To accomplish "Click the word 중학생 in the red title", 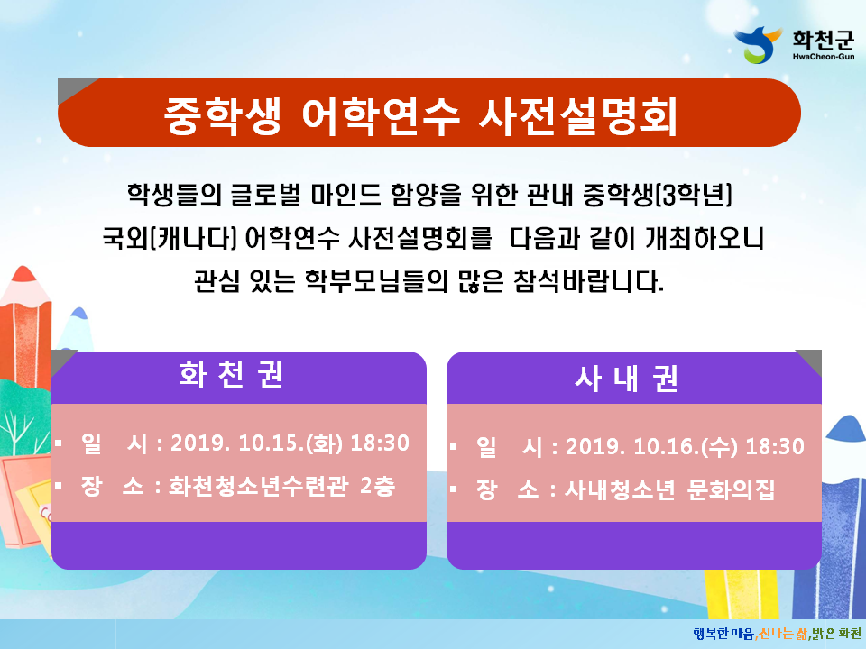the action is [x=223, y=116].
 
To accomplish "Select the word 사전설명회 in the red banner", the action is [x=578, y=116].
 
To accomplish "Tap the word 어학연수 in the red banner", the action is [x=381, y=116].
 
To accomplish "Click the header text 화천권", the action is [x=232, y=375].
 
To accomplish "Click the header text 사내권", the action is [x=626, y=379].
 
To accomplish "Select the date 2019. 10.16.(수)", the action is [x=651, y=446].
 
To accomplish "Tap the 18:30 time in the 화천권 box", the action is [x=380, y=443].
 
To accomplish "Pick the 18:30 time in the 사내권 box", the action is [x=775, y=446].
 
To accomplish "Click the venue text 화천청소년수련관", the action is [x=259, y=486].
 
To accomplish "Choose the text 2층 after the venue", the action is [x=378, y=486].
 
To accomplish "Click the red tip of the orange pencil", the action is [x=23, y=274].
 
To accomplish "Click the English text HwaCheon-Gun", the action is [x=824, y=56].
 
